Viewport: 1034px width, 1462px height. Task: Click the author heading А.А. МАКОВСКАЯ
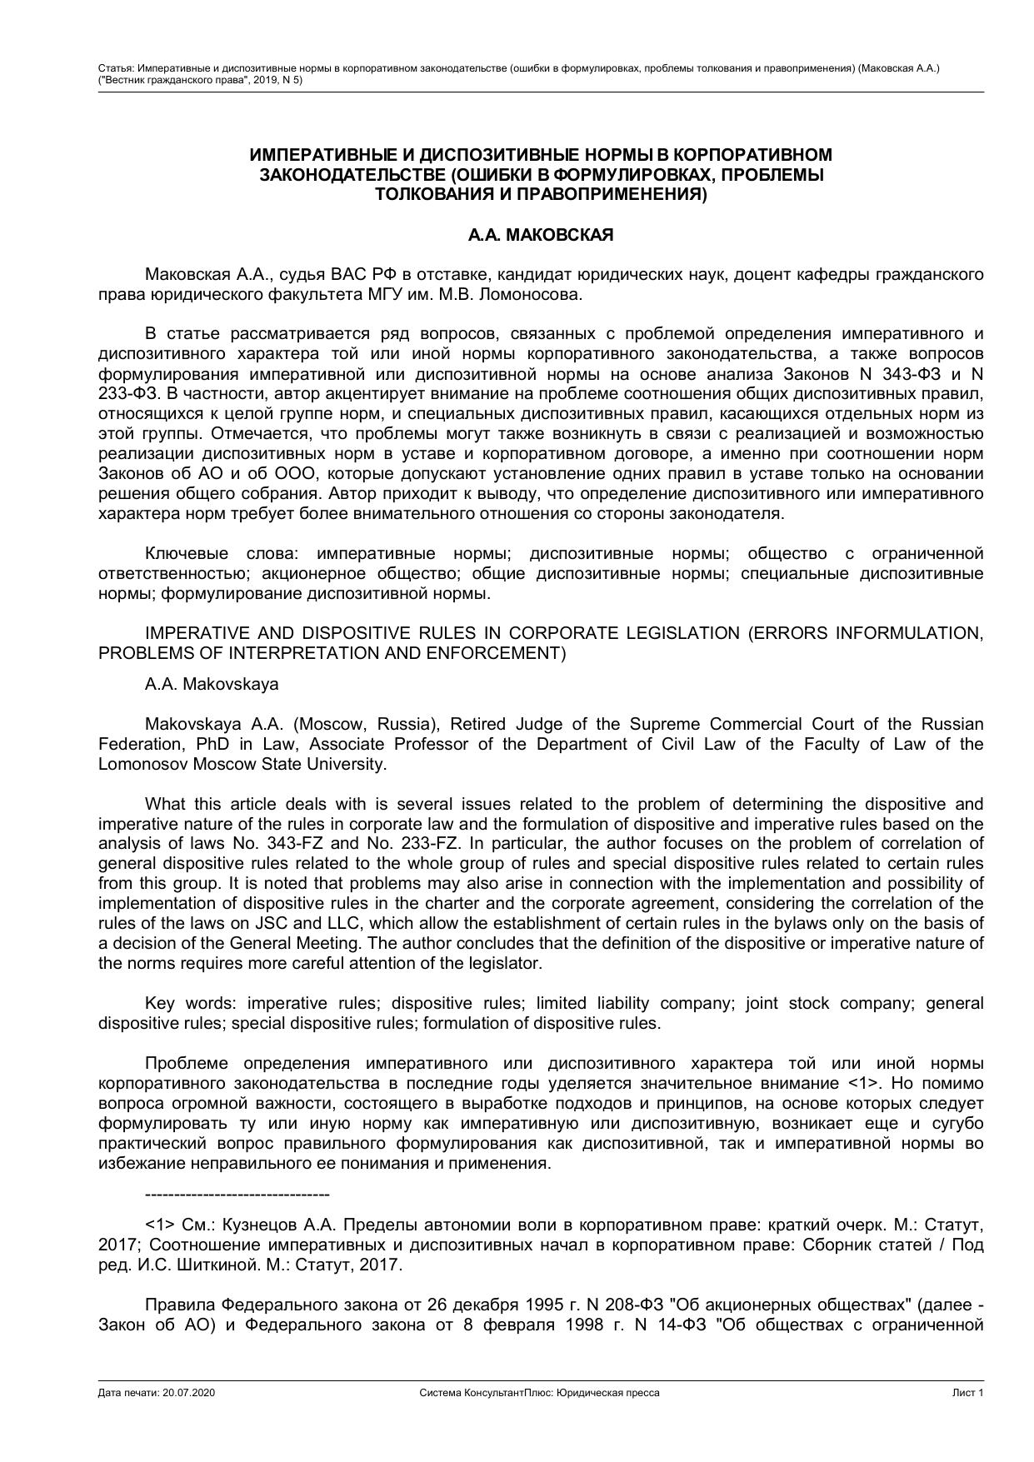click(x=540, y=235)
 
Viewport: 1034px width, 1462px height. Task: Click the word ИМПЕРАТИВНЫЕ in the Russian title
click(x=332, y=155)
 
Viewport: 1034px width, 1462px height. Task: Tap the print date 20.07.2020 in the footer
click(x=188, y=1393)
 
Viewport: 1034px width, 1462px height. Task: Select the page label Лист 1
click(x=968, y=1393)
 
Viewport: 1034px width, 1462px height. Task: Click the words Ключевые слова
click(x=216, y=554)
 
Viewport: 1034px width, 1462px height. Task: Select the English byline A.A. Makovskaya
click(x=212, y=684)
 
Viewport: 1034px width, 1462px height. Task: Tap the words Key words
click(x=189, y=1003)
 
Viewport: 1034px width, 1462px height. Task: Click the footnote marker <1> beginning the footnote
click(x=160, y=1225)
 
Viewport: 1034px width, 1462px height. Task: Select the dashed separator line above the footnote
click(x=237, y=1195)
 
